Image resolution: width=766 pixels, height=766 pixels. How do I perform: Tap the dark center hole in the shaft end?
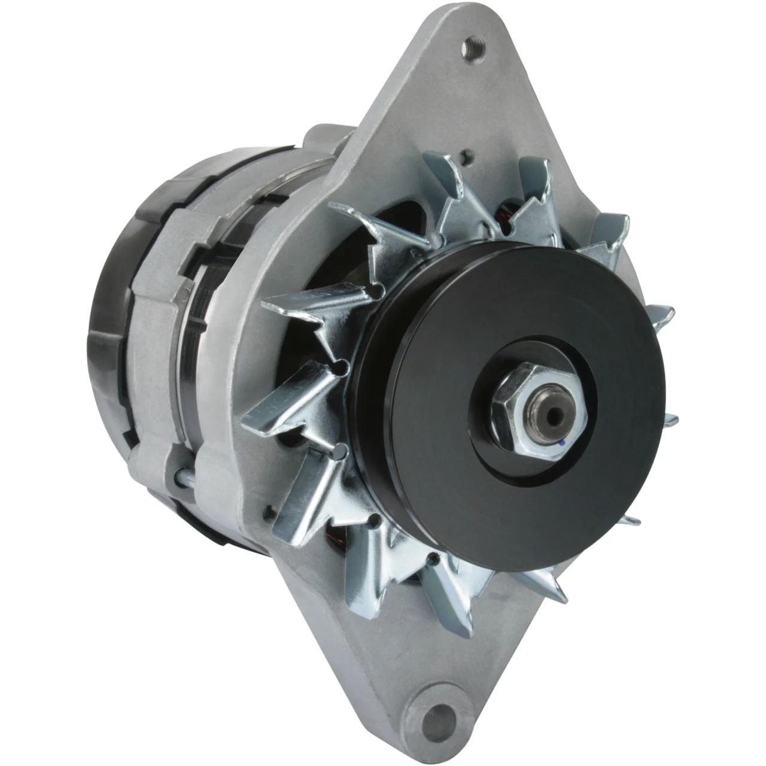(551, 413)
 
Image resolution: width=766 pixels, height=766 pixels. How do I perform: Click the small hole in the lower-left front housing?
(268, 510)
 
